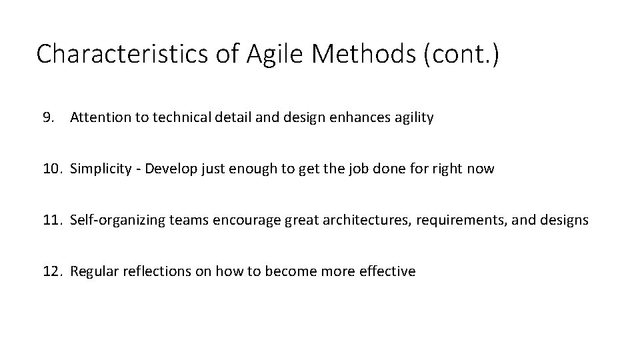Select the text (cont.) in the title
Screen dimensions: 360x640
pos(460,54)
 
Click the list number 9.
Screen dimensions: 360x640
pos(47,118)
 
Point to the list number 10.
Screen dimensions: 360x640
pos(51,169)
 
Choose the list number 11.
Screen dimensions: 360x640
pos(51,220)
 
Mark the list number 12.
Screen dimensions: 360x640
pos(51,271)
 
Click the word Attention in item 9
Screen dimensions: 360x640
pos(98,118)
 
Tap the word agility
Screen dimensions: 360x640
pos(412,118)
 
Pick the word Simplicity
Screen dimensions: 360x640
pos(101,169)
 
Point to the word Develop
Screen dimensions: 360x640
pos(173,169)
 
